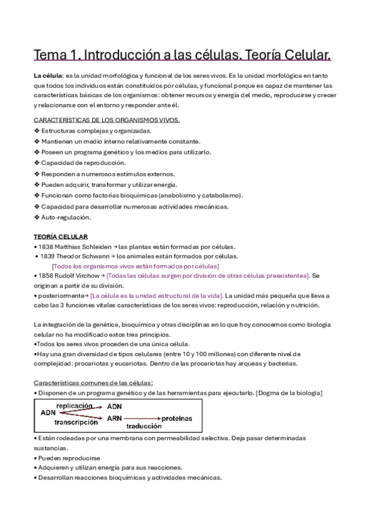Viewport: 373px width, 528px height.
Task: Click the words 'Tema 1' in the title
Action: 54,55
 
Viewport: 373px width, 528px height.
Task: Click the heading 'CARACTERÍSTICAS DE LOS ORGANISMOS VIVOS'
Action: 106,120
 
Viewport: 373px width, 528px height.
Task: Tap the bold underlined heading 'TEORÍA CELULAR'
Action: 60,237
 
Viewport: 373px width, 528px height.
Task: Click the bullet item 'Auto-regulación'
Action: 66,217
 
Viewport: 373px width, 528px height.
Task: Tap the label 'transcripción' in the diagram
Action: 76,422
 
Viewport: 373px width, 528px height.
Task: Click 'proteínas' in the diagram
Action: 177,418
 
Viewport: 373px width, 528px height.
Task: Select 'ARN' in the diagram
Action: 114,418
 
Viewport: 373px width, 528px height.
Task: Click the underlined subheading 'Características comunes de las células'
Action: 93,382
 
